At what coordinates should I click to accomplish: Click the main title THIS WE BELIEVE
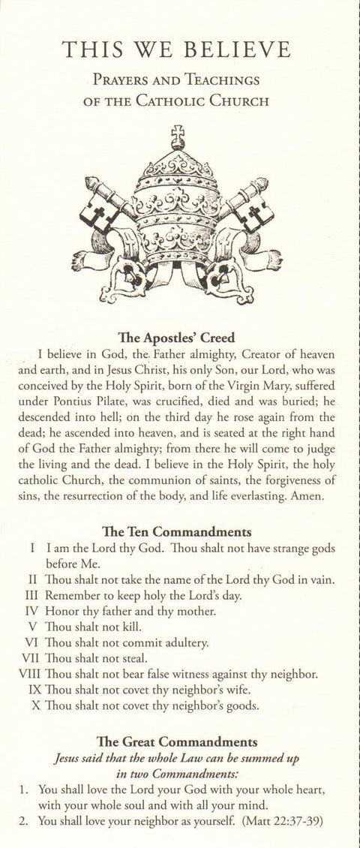[x=177, y=50]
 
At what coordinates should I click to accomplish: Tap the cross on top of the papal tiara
[x=178, y=137]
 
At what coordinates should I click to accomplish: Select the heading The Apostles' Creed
[x=178, y=338]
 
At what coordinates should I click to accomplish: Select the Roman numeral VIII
[x=28, y=675]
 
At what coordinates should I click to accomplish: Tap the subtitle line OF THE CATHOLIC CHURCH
[x=178, y=101]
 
